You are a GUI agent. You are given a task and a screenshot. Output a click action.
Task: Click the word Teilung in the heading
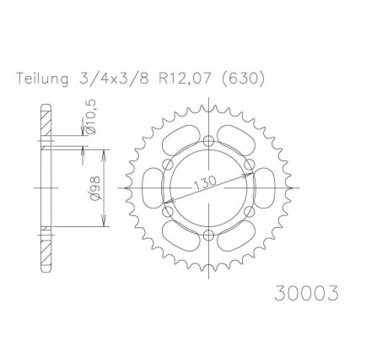coord(42,79)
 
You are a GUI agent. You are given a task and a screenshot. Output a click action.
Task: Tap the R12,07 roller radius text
coord(185,79)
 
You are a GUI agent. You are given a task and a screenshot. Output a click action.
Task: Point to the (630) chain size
coord(241,79)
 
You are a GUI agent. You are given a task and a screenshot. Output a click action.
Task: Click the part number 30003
coord(306,293)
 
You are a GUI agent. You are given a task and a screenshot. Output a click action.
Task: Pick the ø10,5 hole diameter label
coord(93,116)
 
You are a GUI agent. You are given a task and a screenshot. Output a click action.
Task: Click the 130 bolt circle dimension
coord(205,183)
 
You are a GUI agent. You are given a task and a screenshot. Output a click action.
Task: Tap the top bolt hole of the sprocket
coord(208,139)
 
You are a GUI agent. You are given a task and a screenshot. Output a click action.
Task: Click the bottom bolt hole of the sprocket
coord(208,234)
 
